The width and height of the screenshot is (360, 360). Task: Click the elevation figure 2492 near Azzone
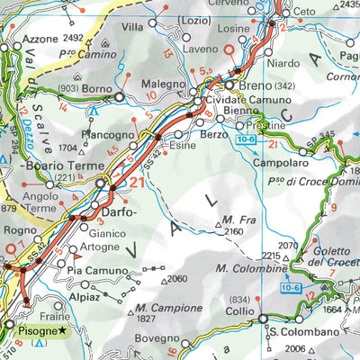point(74,38)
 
